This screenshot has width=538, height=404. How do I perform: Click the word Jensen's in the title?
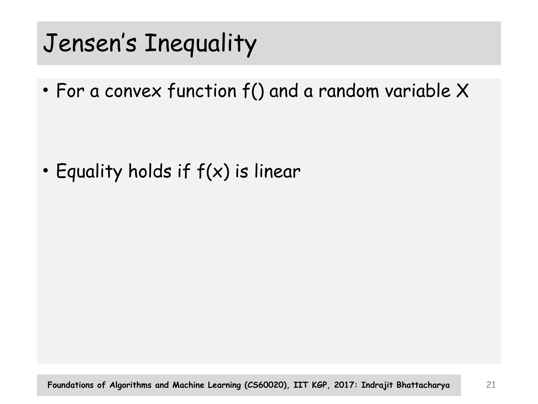(90, 43)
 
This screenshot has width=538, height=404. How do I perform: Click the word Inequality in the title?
(200, 43)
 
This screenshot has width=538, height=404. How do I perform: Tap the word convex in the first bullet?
(133, 91)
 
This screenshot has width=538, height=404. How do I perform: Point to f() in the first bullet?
(253, 91)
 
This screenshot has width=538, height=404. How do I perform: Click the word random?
(349, 91)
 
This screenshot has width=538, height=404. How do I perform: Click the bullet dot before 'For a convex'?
(46, 90)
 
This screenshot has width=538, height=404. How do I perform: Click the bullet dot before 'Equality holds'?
(46, 171)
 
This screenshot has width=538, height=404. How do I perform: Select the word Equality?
(89, 171)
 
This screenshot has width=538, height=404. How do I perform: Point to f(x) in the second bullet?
(213, 171)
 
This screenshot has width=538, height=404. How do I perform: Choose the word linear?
(277, 171)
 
